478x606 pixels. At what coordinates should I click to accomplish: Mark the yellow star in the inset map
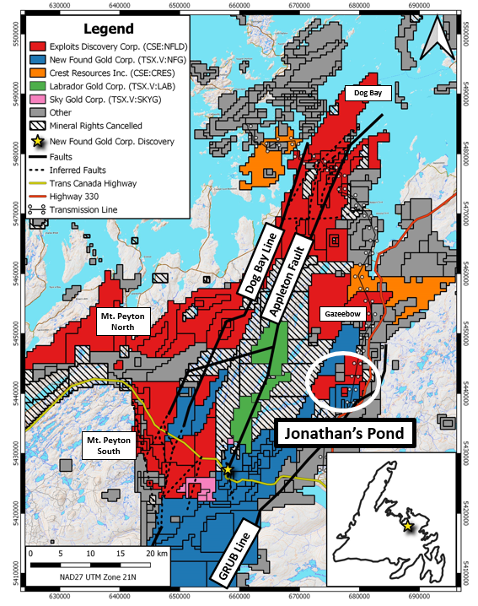408,527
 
